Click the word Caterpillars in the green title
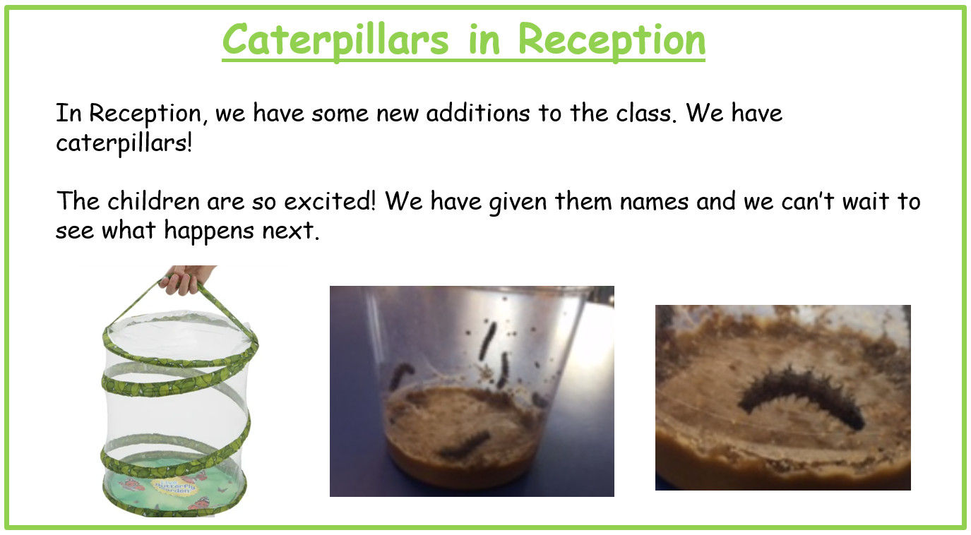click(335, 40)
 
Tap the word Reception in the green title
click(612, 40)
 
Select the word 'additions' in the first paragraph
click(477, 113)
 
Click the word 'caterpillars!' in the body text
click(124, 143)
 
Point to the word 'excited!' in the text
click(330, 201)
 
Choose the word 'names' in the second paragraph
click(654, 202)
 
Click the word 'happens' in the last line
click(209, 231)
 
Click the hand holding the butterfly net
click(186, 279)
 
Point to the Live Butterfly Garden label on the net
click(174, 486)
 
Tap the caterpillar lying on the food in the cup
click(465, 445)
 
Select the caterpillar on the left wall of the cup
click(402, 375)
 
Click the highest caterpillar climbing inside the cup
click(488, 342)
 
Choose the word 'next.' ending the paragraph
click(291, 231)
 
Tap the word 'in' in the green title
click(484, 40)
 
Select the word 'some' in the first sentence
click(340, 114)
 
